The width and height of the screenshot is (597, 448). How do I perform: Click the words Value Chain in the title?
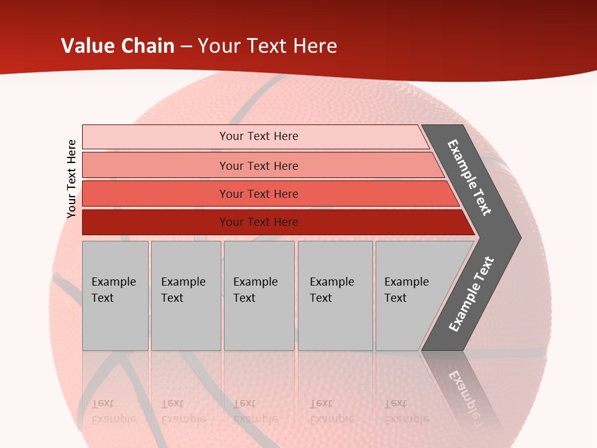click(x=118, y=46)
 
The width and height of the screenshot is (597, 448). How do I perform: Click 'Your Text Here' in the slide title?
click(x=267, y=46)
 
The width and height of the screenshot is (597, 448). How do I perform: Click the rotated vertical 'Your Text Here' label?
click(x=72, y=179)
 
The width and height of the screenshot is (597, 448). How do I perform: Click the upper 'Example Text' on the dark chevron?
click(x=470, y=177)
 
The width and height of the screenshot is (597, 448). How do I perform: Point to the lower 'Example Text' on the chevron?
click(x=471, y=294)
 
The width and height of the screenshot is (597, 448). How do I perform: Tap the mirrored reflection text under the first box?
click(x=113, y=411)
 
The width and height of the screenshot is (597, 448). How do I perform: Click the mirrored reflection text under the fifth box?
click(x=407, y=411)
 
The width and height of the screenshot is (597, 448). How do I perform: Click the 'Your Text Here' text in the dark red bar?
click(x=259, y=222)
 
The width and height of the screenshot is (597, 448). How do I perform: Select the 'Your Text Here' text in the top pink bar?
click(x=259, y=136)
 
